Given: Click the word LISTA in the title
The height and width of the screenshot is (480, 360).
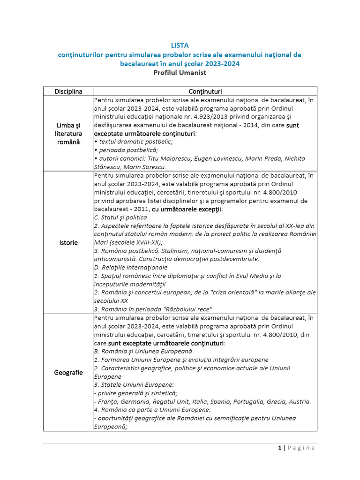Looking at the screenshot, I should pyautogui.click(x=180, y=45).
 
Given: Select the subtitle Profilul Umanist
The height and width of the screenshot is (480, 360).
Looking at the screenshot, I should pyautogui.click(x=180, y=73).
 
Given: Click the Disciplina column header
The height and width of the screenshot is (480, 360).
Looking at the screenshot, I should pyautogui.click(x=68, y=91).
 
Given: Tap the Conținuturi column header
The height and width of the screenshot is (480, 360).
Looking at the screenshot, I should pyautogui.click(x=205, y=91).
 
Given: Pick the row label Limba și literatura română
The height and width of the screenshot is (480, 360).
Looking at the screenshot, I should pyautogui.click(x=68, y=134).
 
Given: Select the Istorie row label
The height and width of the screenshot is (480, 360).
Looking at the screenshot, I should pyautogui.click(x=68, y=243).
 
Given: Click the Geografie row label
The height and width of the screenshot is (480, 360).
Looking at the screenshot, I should pyautogui.click(x=68, y=373).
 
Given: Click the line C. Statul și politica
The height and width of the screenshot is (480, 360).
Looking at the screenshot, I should pyautogui.click(x=120, y=217).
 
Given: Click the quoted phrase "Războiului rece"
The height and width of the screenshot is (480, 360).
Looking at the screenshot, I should pyautogui.click(x=186, y=309).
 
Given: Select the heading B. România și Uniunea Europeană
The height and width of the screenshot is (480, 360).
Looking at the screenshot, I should pyautogui.click(x=143, y=351).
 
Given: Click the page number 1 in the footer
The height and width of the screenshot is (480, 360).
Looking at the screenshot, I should pyautogui.click(x=279, y=448).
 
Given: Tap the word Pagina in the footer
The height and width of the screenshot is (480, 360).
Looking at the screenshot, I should pyautogui.click(x=301, y=448).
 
